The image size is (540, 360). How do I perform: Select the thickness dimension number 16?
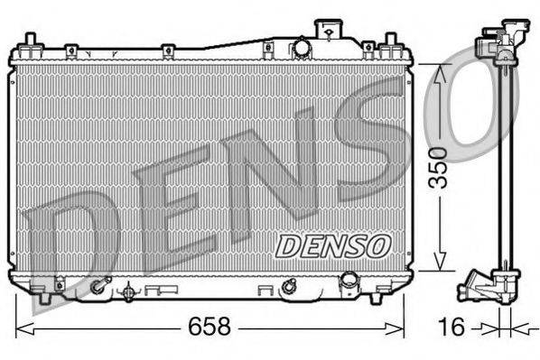point(451,327)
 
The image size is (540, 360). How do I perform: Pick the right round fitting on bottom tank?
point(288,288)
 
